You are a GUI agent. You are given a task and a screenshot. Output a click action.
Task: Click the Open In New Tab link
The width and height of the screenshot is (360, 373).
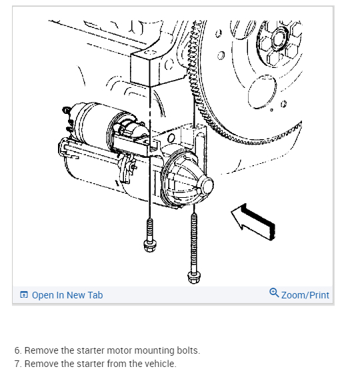click(67, 295)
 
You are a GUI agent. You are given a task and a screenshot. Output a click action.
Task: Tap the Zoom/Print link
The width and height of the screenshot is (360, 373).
click(305, 295)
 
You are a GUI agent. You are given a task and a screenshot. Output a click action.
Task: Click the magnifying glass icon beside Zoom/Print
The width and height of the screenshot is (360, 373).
click(274, 292)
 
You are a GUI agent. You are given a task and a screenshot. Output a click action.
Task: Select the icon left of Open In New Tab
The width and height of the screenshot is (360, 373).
click(24, 294)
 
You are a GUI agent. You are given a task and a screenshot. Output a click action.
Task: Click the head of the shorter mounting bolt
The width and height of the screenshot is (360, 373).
click(150, 246)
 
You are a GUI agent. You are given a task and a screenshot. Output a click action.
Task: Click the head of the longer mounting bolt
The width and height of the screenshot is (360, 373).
click(194, 277)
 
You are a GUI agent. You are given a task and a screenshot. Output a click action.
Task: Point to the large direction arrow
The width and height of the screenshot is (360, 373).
click(253, 222)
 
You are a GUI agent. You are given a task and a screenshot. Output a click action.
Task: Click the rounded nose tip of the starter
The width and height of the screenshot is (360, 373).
click(207, 186)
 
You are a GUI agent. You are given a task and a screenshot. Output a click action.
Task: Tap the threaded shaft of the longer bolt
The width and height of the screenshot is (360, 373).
click(194, 242)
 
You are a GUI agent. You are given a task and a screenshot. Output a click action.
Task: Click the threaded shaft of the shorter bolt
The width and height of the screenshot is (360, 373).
click(150, 229)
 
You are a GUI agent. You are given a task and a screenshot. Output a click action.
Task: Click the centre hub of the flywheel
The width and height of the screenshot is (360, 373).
click(278, 39)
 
